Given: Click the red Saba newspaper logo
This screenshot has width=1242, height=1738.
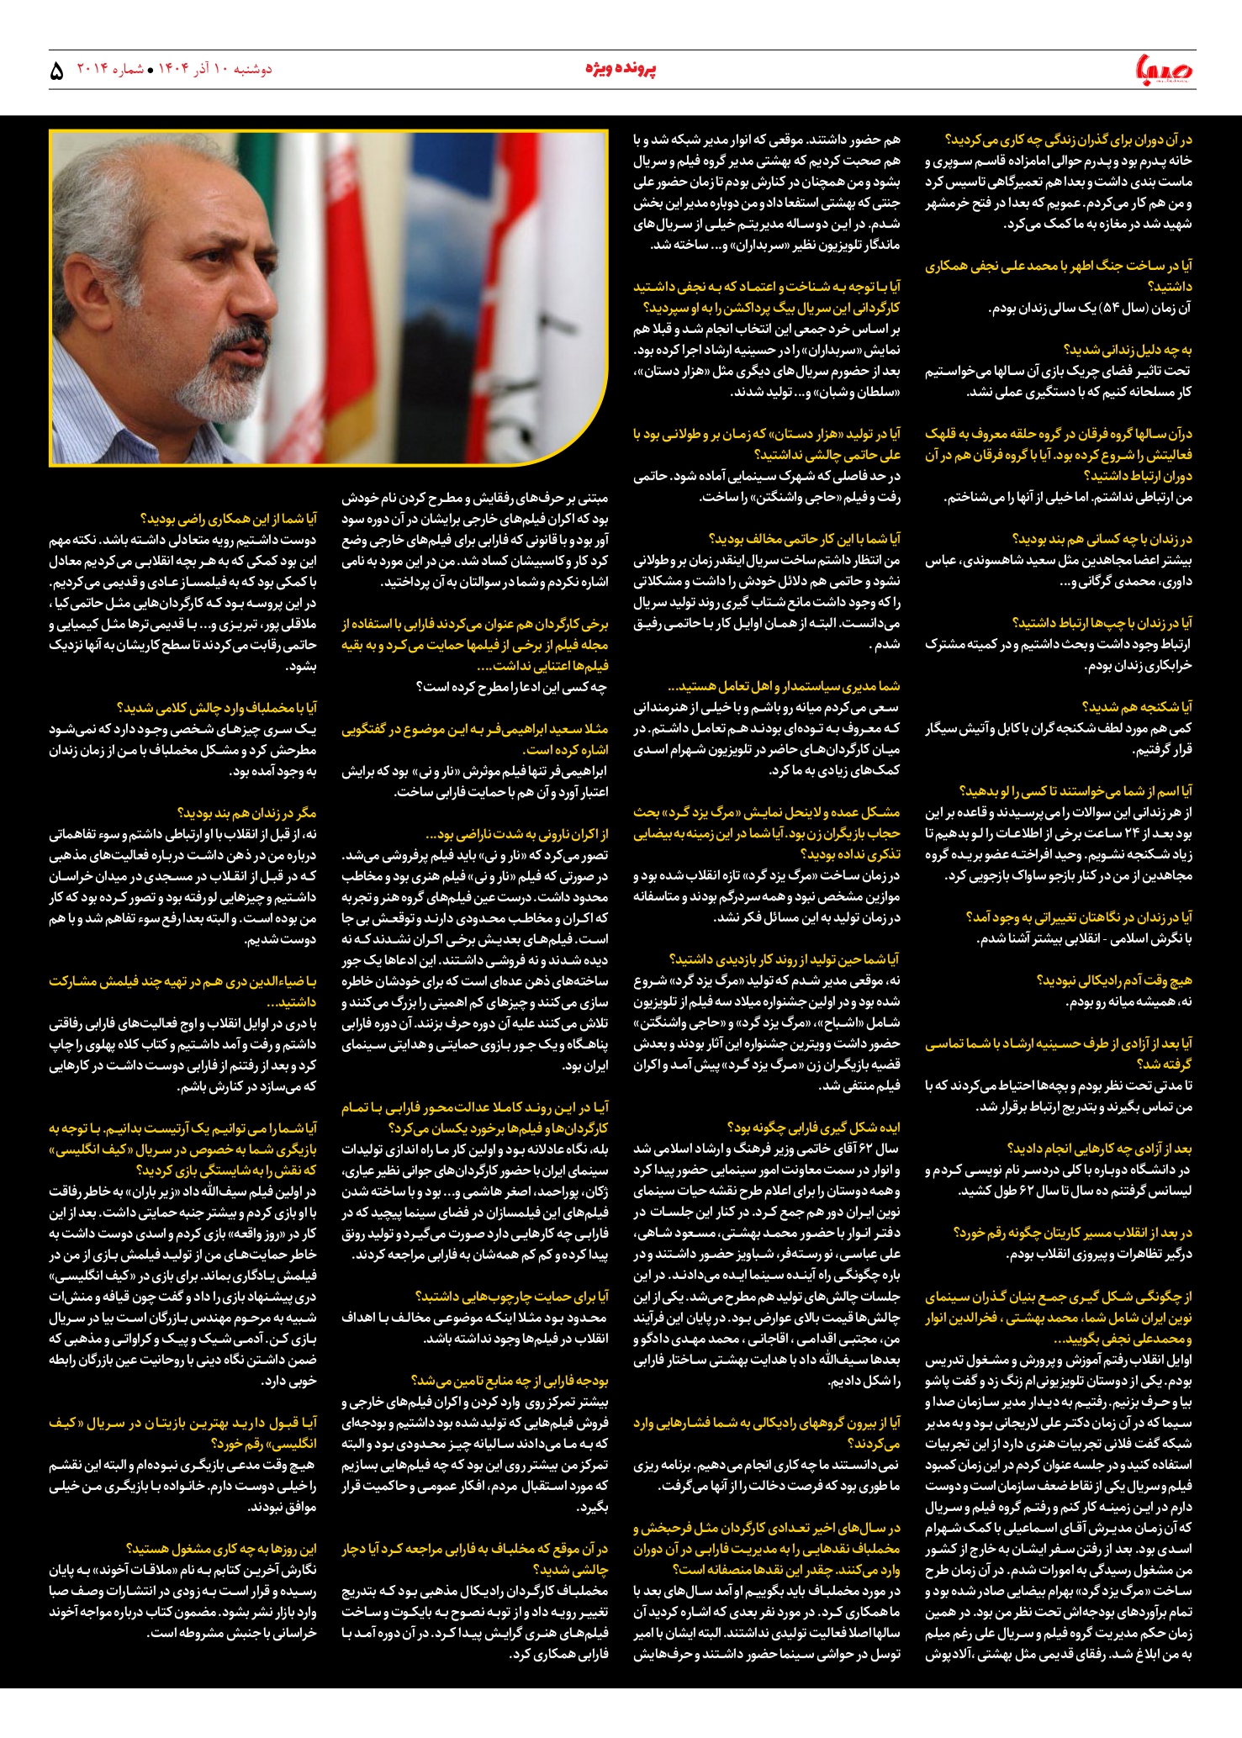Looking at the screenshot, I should [x=1164, y=70].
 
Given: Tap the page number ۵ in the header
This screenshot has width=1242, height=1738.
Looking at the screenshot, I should [x=56, y=71].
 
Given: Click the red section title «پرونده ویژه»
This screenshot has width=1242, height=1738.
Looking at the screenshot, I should [x=621, y=69].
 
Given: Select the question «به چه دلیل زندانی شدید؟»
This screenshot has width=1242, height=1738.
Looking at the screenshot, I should [x=1128, y=350].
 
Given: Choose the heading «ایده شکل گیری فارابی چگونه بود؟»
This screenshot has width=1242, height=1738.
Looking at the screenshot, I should [x=813, y=1128].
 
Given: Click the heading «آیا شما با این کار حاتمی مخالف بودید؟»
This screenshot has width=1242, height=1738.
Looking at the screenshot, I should [x=804, y=539].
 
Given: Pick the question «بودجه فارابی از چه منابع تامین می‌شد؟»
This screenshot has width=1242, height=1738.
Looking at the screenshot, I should [x=510, y=1381].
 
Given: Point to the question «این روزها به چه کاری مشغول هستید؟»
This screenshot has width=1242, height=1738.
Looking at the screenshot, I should [x=221, y=1549].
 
